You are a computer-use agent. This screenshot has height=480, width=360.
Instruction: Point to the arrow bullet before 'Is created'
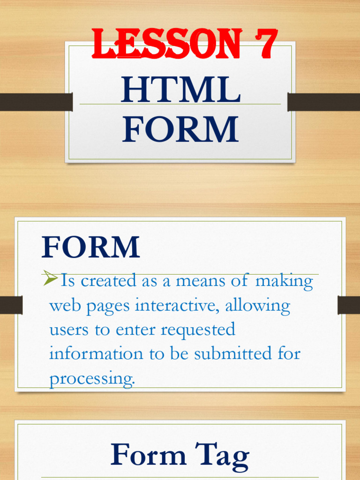(x=50, y=280)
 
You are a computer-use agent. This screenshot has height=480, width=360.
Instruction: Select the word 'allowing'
(x=258, y=306)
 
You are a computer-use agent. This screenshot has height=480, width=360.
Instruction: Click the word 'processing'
(x=92, y=379)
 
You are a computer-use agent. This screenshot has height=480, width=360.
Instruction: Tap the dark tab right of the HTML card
(x=323, y=102)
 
